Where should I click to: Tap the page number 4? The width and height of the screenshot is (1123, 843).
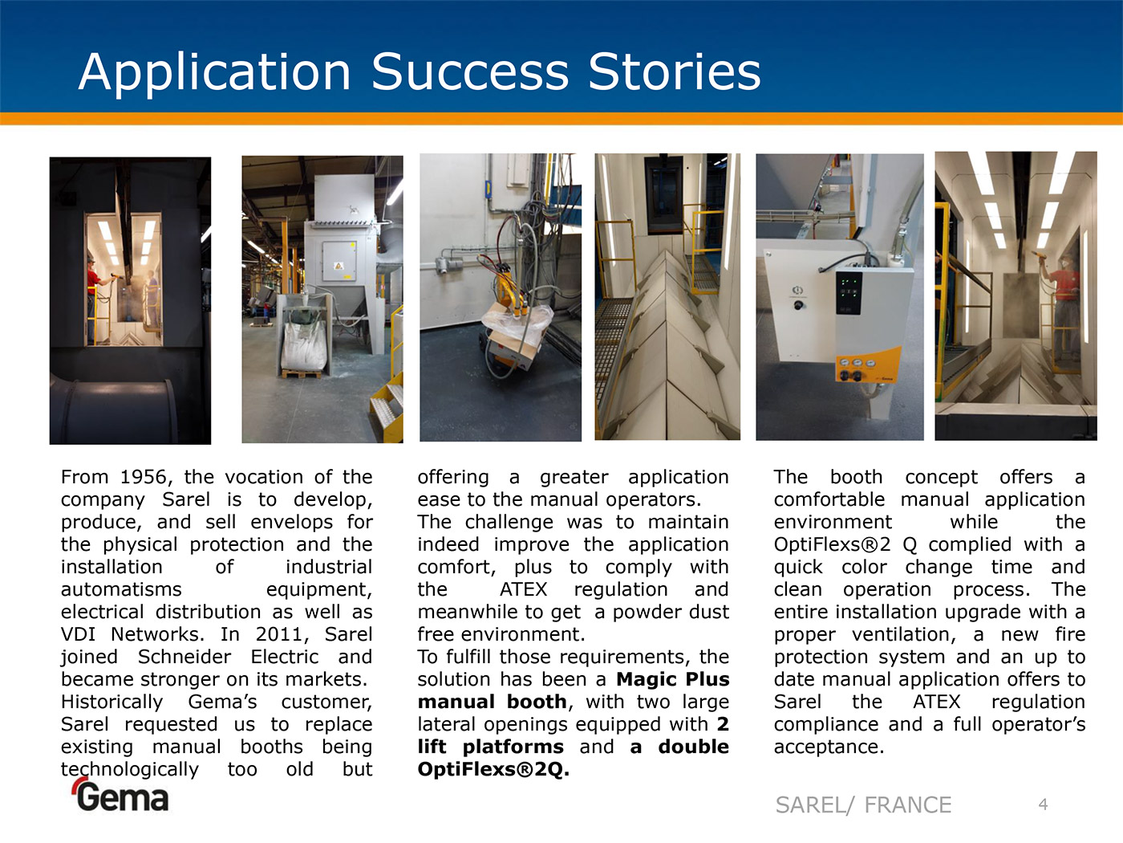1043,804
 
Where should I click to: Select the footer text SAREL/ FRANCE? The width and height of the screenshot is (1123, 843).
863,805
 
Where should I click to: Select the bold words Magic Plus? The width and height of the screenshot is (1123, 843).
673,679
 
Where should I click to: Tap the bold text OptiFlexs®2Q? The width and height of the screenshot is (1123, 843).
493,769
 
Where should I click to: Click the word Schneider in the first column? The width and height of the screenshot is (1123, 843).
184,657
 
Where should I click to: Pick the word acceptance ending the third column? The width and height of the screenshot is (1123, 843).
829,747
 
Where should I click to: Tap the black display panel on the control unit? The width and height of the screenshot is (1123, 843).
849,293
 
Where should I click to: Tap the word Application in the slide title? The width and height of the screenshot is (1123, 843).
215,73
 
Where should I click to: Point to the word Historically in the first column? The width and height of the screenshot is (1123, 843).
111,702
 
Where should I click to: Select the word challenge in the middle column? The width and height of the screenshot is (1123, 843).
509,522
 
